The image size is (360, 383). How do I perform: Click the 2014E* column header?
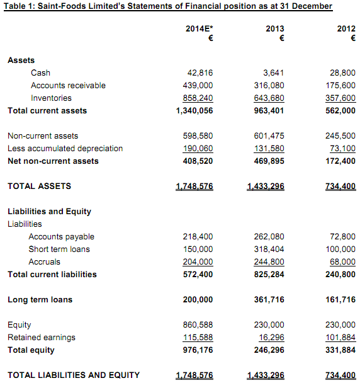(199, 29)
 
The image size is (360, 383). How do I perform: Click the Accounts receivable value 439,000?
(197, 85)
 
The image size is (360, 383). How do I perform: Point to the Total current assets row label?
(47, 110)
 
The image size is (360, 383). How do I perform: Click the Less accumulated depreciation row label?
(65, 148)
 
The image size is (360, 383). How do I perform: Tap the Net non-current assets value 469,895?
(269, 161)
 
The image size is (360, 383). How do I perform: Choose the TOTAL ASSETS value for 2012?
(340, 186)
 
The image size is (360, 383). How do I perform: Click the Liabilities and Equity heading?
(49, 211)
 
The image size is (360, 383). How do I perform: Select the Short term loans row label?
(59, 249)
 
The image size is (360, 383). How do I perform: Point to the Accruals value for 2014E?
(197, 261)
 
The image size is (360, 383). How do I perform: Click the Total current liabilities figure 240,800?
(340, 274)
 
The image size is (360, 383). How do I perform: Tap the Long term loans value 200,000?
(197, 299)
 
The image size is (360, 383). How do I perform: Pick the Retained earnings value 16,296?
(271, 337)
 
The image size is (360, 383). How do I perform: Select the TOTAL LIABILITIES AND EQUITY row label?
(74, 375)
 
